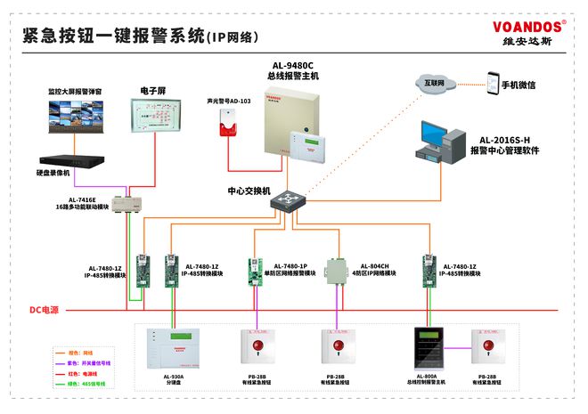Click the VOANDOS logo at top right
tap(529, 27)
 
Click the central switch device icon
tap(288, 203)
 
